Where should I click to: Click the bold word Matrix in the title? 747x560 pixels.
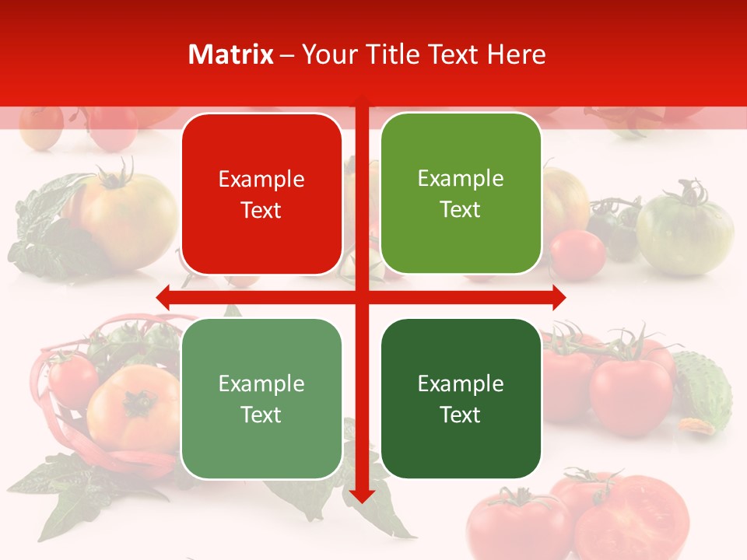coord(230,54)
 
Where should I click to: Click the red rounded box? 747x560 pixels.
coord(261,194)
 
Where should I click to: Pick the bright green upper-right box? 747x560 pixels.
coord(461,194)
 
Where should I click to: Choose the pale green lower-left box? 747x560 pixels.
coord(261,398)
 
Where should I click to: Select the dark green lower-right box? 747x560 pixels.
coord(461,398)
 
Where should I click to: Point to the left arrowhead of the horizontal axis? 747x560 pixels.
coord(164,297)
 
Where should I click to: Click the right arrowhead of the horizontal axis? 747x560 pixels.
coord(559,297)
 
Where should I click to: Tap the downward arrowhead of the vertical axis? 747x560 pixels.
coord(362,495)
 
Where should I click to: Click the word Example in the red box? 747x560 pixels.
coord(261,180)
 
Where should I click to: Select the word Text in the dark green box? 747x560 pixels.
coord(461,415)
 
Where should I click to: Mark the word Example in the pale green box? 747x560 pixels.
coord(261,383)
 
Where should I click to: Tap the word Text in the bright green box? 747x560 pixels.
coord(461,209)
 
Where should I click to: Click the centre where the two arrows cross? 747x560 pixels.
coord(362,297)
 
